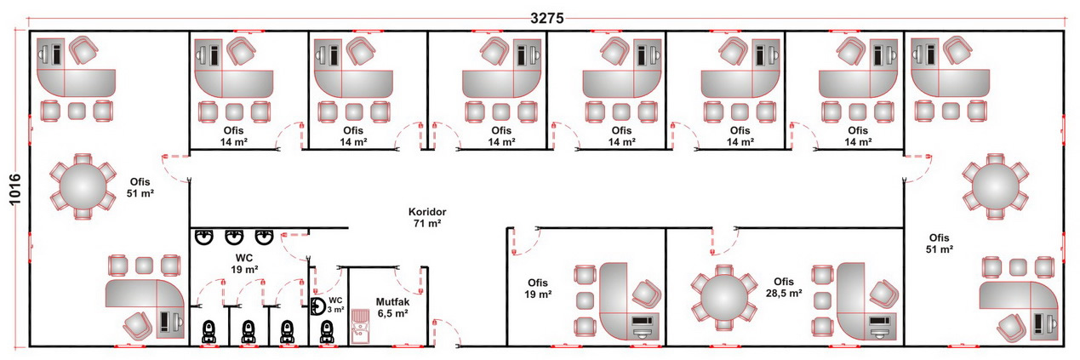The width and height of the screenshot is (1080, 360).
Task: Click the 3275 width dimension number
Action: point(547,19)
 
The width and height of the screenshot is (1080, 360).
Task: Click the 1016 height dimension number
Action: point(15,190)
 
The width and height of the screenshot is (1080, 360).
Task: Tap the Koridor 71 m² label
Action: point(427,217)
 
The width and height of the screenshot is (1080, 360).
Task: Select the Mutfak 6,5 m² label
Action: point(392,307)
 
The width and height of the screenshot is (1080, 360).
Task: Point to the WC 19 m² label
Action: point(244,264)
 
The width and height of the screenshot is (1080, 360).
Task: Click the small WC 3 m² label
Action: point(336,305)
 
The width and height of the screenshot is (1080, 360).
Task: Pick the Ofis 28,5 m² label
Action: point(784,287)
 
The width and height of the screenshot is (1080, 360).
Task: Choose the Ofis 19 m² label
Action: point(538,289)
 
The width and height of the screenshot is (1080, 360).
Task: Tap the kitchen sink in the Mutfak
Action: point(360,326)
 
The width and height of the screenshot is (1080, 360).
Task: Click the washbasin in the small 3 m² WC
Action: point(318,307)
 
